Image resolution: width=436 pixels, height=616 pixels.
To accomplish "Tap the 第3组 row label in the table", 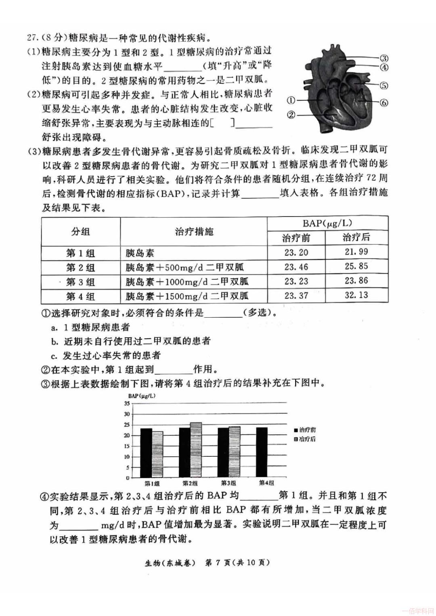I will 80,281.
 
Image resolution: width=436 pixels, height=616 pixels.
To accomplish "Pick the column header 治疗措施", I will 194,232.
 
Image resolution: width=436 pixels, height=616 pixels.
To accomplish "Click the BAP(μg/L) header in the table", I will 327,223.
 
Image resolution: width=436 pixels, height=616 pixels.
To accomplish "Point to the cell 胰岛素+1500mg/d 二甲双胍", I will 187,296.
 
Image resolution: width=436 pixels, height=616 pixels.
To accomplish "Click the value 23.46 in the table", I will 296,267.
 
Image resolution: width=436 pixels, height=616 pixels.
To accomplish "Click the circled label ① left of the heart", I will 291,100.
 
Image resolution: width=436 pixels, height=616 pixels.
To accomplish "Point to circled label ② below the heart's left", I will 291,115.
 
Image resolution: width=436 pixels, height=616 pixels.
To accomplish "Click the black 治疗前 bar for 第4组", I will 262,452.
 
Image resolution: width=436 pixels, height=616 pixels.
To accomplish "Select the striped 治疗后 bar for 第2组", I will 196,450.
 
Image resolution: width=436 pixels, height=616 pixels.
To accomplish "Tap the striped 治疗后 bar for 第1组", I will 157,454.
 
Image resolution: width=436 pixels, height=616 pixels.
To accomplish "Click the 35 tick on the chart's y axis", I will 127,403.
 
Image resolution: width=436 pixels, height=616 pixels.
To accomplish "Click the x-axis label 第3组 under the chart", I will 228,483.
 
